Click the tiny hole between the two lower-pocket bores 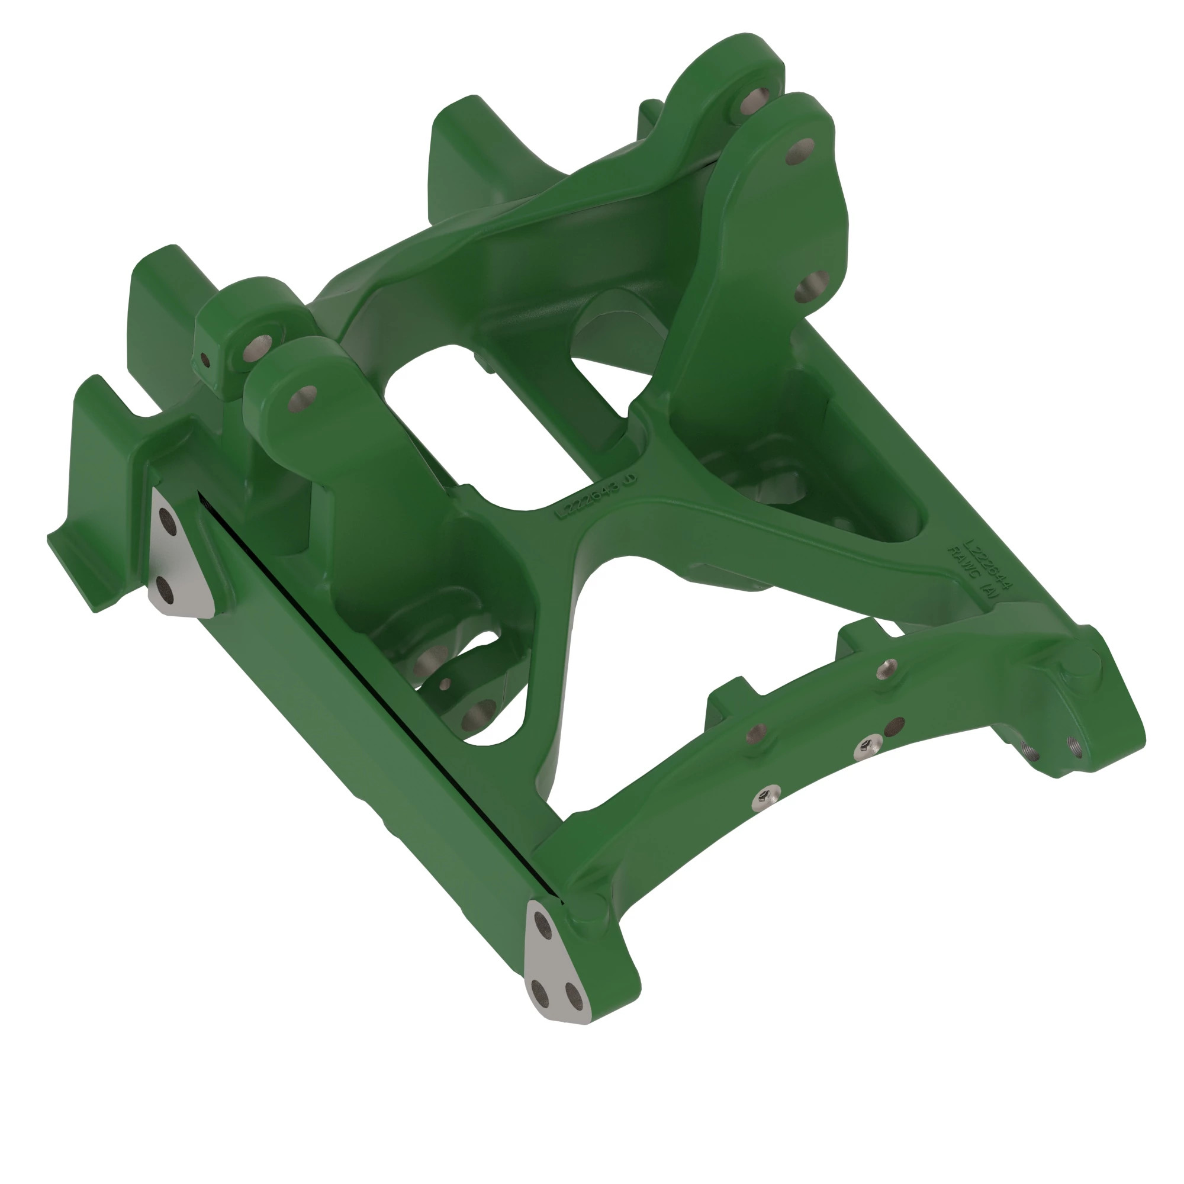(x=446, y=682)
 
